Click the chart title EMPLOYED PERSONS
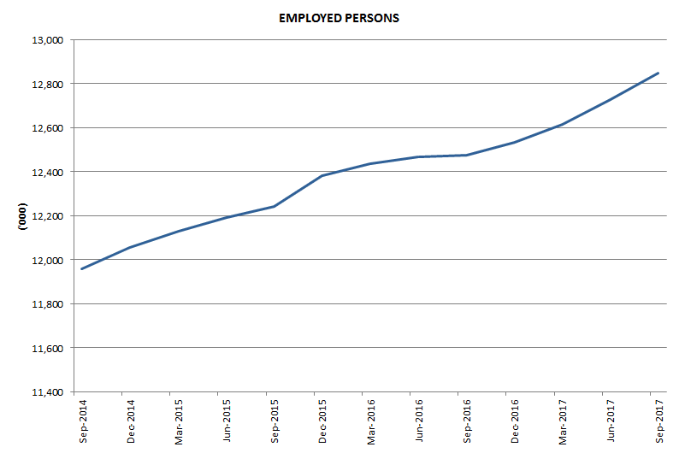point(339,17)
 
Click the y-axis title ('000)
point(23,215)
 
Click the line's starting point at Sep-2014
point(81,269)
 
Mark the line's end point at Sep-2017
point(658,74)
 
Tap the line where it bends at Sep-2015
point(274,206)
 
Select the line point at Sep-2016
point(466,155)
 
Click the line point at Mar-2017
point(562,125)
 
